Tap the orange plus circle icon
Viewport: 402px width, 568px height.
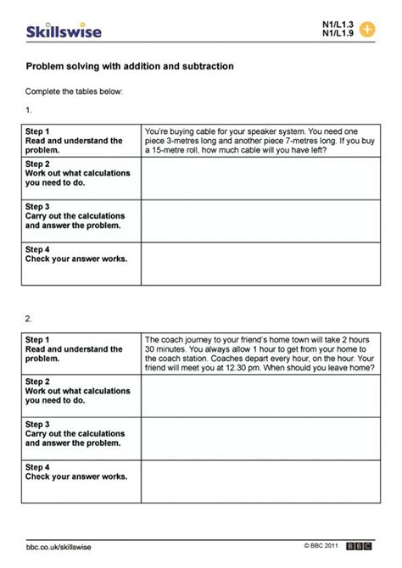point(366,29)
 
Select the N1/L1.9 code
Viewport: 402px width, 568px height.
point(338,34)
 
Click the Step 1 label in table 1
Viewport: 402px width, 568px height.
point(38,131)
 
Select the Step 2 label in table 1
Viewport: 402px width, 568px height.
point(38,164)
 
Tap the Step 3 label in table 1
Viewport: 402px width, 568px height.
point(38,206)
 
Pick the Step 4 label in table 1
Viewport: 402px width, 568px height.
point(38,248)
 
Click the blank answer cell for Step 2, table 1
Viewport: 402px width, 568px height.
point(260,178)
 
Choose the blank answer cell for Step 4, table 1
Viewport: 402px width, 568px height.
point(260,263)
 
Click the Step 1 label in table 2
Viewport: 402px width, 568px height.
point(38,339)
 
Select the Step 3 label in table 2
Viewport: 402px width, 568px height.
point(38,424)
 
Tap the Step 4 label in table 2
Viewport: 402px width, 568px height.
point(38,466)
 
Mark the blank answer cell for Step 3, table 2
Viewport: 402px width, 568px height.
point(260,438)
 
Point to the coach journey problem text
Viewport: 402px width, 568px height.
point(260,354)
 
